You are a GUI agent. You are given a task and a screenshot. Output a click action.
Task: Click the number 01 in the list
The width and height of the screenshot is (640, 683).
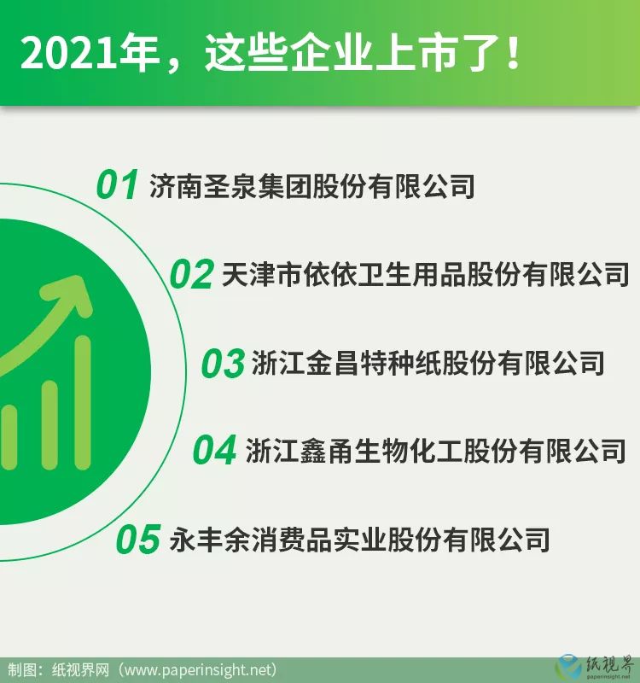pos(117,185)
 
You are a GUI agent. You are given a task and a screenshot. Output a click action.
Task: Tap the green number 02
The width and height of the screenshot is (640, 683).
pos(191,274)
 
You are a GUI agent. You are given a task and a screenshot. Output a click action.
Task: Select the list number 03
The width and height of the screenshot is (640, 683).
pos(223,363)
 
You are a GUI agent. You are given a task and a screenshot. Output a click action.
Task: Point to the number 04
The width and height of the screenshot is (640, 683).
pos(215,450)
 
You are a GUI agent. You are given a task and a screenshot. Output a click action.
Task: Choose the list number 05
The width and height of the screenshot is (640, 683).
pos(138,540)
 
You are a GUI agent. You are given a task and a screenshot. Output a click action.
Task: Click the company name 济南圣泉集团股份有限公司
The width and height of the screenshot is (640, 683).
pos(311,186)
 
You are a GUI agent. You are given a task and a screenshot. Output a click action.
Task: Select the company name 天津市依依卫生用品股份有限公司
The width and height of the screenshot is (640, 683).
pos(425,274)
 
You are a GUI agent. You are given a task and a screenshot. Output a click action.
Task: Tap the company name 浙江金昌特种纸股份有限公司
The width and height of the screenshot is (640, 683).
pos(428,364)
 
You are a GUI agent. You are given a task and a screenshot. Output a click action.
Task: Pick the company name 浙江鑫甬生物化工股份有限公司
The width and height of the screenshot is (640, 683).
pos(435,451)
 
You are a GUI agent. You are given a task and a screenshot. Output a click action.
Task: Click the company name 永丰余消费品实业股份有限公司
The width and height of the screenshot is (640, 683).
pos(359,540)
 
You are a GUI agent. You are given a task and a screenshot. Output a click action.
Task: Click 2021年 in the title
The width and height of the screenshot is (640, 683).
pos(90,54)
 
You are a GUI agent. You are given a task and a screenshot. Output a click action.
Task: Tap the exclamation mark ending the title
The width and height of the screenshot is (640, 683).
pos(514,54)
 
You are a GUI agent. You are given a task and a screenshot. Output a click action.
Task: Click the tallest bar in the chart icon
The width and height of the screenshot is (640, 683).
pos(83,402)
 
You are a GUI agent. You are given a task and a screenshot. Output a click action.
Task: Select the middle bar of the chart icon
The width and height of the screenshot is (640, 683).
pos(49,425)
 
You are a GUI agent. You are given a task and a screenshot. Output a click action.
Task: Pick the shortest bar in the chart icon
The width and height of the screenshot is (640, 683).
pos(9,437)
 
